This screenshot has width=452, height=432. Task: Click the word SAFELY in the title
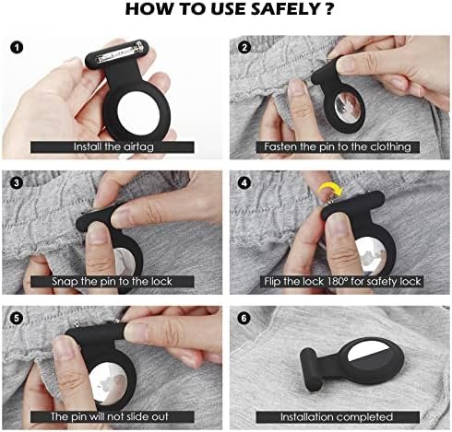click(x=284, y=9)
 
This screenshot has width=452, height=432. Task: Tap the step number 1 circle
click(x=17, y=48)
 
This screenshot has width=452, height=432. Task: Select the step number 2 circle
click(x=244, y=48)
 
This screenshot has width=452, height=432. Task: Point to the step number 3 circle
click(x=17, y=183)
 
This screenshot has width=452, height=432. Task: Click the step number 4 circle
click(x=244, y=183)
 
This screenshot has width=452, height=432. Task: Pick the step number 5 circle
click(x=17, y=318)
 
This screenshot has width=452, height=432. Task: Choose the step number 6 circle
click(x=244, y=318)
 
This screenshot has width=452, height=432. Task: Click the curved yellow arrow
click(x=331, y=188)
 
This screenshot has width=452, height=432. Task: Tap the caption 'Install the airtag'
click(x=113, y=146)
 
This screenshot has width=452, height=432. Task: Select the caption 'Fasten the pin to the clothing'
click(x=338, y=146)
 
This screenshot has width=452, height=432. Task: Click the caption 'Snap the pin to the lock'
click(x=112, y=281)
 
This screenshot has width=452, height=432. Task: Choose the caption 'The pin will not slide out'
click(x=110, y=416)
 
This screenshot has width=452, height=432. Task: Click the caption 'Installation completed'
click(x=337, y=416)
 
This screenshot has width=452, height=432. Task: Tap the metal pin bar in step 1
click(x=119, y=54)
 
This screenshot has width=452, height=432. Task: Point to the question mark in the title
click(x=328, y=9)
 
